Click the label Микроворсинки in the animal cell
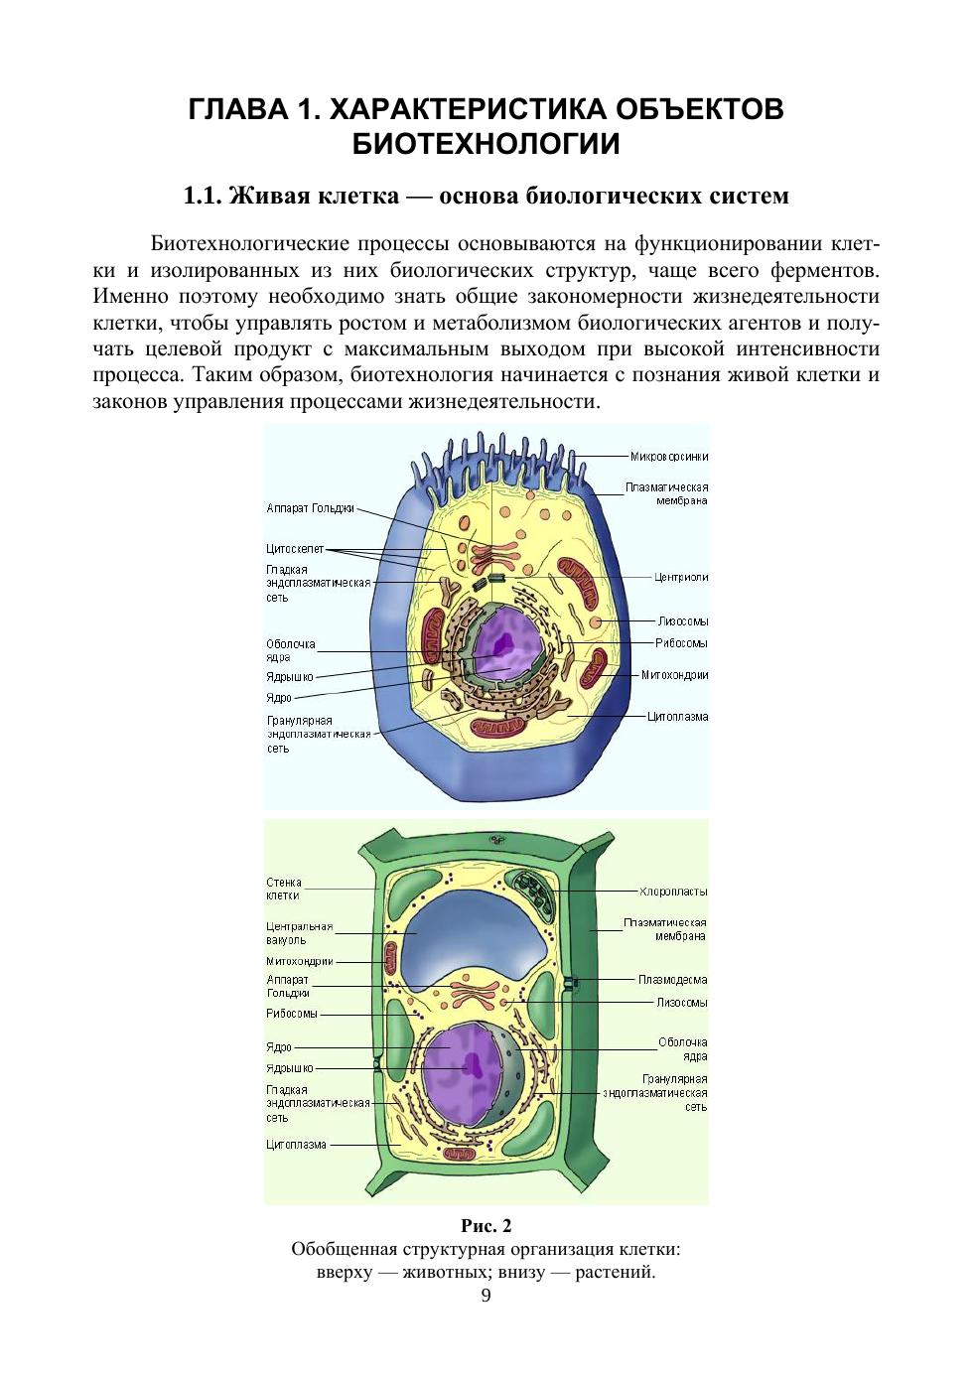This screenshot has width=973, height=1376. tap(669, 457)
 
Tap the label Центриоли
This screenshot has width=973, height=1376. tap(681, 577)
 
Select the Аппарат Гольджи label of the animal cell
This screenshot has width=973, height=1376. tap(310, 508)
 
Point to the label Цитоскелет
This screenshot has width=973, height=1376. tap(295, 548)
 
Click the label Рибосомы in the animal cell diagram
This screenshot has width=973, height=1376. tap(682, 643)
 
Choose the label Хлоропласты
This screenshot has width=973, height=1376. tap(673, 891)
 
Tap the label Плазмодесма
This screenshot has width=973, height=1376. tap(673, 980)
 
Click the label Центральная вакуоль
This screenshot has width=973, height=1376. tap(299, 933)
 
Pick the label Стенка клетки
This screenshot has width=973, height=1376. tap(283, 889)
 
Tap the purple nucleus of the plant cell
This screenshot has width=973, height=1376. tap(463, 1067)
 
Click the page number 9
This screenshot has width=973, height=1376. tap(486, 1296)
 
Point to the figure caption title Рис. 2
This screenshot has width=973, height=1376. tap(486, 1225)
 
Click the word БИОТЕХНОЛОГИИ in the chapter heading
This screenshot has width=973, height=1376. tap(486, 144)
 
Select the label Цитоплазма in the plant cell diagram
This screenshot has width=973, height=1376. tap(296, 1145)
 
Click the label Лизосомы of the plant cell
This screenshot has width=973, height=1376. tap(682, 1003)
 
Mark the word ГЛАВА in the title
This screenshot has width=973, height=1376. tap(235, 108)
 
